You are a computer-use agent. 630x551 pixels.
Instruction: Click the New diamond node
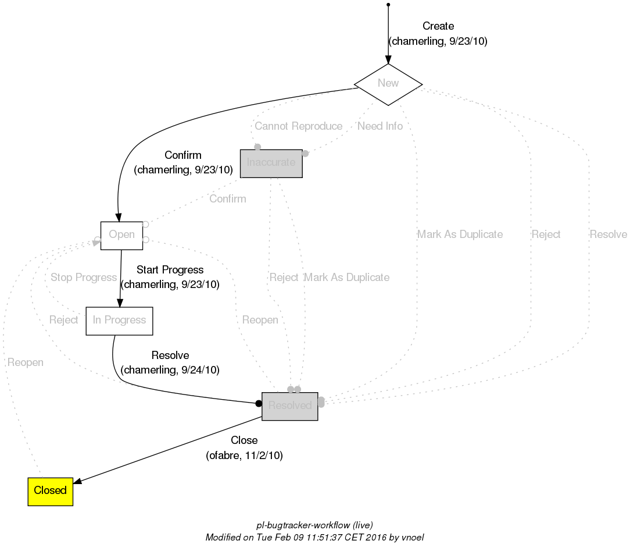pyautogui.click(x=388, y=83)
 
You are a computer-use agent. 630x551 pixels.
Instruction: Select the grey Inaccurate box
pyautogui.click(x=271, y=162)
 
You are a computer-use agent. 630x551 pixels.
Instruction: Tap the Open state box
pyautogui.click(x=121, y=235)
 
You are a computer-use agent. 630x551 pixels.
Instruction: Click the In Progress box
pyautogui.click(x=119, y=321)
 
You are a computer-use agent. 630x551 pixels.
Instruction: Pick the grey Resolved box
pyautogui.click(x=289, y=406)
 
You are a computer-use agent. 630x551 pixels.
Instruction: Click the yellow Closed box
pyautogui.click(x=50, y=490)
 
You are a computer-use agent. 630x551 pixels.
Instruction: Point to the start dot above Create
pyautogui.click(x=388, y=5)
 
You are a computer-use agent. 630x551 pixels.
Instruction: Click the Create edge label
pyautogui.click(x=438, y=26)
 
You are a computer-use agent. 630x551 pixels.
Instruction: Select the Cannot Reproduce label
pyautogui.click(x=298, y=126)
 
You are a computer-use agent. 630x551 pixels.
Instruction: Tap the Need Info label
pyautogui.click(x=380, y=126)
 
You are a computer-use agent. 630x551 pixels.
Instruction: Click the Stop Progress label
pyautogui.click(x=84, y=278)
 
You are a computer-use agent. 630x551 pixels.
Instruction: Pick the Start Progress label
pyautogui.click(x=170, y=270)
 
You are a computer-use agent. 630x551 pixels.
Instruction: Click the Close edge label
pyautogui.click(x=244, y=440)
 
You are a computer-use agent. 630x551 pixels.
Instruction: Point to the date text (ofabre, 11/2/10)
pyautogui.click(x=244, y=456)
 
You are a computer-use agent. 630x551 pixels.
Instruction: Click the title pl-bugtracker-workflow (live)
pyautogui.click(x=314, y=525)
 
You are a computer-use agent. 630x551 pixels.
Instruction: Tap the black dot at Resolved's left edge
pyautogui.click(x=259, y=404)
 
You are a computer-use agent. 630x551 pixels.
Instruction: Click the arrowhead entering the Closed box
pyautogui.click(x=78, y=480)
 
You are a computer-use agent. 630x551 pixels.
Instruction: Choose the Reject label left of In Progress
pyautogui.click(x=63, y=320)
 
